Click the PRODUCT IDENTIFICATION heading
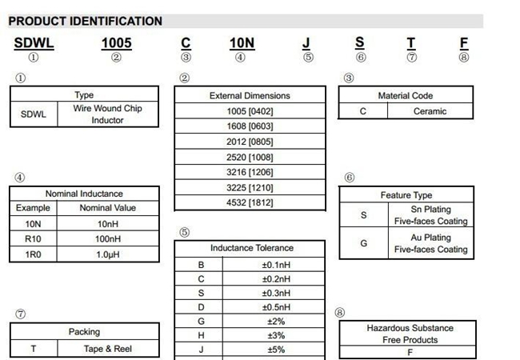pyautogui.click(x=85, y=22)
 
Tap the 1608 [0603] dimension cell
pyautogui.click(x=249, y=126)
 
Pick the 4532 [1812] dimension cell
pyautogui.click(x=249, y=202)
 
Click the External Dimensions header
pyautogui.click(x=249, y=95)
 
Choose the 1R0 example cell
pyautogui.click(x=33, y=254)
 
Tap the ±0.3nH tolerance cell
pyautogui.click(x=276, y=293)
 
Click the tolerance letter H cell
pyautogui.click(x=201, y=335)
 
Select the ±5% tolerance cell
pyautogui.click(x=276, y=350)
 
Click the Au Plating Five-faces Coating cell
pyautogui.click(x=431, y=243)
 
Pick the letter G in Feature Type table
pyautogui.click(x=363, y=243)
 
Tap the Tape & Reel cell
pyautogui.click(x=108, y=349)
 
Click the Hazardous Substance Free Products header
pyautogui.click(x=409, y=334)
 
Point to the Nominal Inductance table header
pyautogui.click(x=84, y=193)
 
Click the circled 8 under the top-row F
pyautogui.click(x=464, y=58)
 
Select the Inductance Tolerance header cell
pyautogui.click(x=251, y=248)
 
